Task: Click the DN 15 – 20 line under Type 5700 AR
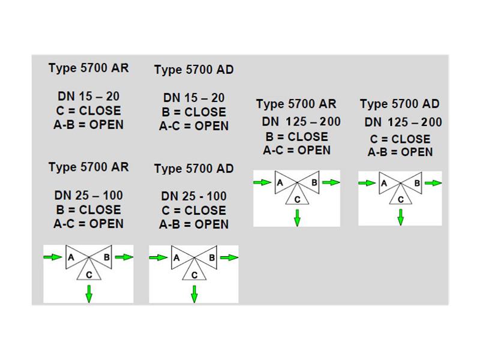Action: click(x=88, y=97)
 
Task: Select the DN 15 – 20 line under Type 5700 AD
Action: click(x=194, y=98)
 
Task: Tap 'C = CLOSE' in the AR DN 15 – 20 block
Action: click(x=88, y=110)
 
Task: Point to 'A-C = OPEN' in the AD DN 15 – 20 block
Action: click(x=194, y=126)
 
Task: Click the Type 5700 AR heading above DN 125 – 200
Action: click(x=296, y=104)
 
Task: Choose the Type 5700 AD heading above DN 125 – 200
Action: click(x=400, y=104)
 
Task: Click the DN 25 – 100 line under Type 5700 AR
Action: click(x=88, y=196)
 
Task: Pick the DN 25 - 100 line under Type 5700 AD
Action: click(x=194, y=196)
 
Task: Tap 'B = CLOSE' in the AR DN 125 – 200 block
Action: click(x=296, y=137)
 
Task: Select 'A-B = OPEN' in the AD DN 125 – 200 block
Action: click(x=400, y=152)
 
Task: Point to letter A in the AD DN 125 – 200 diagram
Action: click(x=384, y=184)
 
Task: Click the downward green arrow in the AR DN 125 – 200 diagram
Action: click(x=297, y=218)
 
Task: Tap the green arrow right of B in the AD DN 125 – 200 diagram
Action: click(x=433, y=183)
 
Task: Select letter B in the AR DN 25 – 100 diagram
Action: click(x=107, y=257)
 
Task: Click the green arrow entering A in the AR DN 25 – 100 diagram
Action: click(x=53, y=257)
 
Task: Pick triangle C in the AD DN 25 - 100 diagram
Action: click(x=194, y=269)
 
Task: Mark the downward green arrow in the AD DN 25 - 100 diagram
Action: click(x=194, y=294)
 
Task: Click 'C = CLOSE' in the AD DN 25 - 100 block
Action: click(x=194, y=211)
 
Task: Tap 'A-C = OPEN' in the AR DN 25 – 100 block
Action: click(x=88, y=224)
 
